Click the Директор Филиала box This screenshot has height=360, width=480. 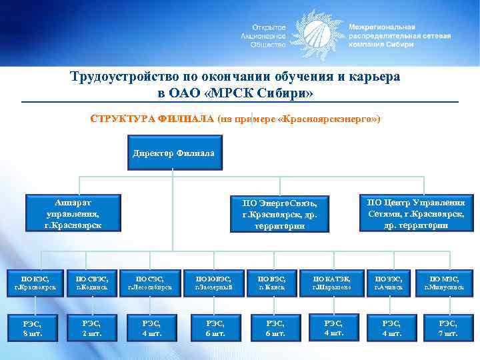(x=173, y=152)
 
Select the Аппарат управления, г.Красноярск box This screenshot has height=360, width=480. (x=73, y=213)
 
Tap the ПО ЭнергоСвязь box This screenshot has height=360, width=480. (x=279, y=214)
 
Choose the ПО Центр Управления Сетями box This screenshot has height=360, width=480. (x=416, y=213)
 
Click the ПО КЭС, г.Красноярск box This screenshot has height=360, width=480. (x=35, y=282)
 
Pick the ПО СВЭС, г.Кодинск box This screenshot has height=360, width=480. (x=92, y=282)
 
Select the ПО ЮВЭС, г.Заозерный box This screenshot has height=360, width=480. (x=213, y=282)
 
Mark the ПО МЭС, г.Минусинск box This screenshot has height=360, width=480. (x=447, y=282)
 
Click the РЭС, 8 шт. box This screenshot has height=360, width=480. (x=33, y=328)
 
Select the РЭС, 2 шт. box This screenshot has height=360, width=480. (x=92, y=328)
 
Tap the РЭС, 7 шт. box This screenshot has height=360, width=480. (x=448, y=328)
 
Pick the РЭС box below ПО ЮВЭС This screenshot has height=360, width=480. (x=213, y=328)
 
